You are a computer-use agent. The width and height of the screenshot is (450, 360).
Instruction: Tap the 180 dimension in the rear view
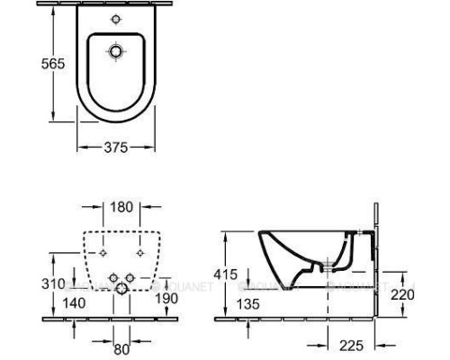[121, 207]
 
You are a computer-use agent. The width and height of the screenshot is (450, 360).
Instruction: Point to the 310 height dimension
[53, 283]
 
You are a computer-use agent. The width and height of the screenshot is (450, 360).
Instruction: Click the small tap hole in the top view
[113, 20]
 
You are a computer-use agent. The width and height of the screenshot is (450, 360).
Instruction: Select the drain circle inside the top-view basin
[113, 53]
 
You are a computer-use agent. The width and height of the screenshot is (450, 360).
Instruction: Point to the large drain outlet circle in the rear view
[121, 289]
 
